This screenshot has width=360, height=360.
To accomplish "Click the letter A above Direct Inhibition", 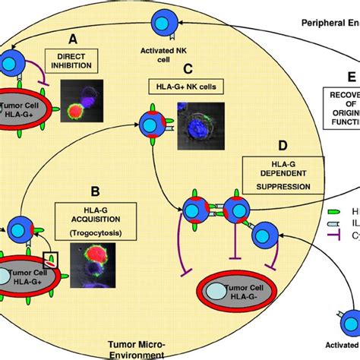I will point(73,37).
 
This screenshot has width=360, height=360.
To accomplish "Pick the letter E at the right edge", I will point(350,77).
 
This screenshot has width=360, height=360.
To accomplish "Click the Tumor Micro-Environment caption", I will point(136,348).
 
